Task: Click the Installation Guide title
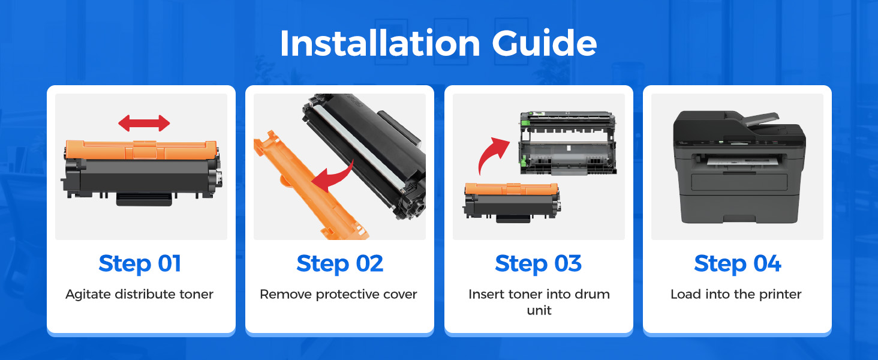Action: coord(438,43)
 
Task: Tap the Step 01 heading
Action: coord(140,263)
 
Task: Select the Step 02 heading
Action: coord(339,263)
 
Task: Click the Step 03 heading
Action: coord(538,263)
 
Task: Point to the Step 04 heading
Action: coord(737,263)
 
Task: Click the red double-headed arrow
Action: coord(145,123)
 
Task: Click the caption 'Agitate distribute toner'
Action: coord(140,294)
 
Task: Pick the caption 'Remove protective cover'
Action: coord(338,294)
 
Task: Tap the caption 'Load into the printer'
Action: coord(736,294)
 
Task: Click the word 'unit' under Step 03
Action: coord(539,310)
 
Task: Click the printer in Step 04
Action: coord(739,167)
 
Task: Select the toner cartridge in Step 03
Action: coord(512,202)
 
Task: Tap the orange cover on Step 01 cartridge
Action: coord(141,150)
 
